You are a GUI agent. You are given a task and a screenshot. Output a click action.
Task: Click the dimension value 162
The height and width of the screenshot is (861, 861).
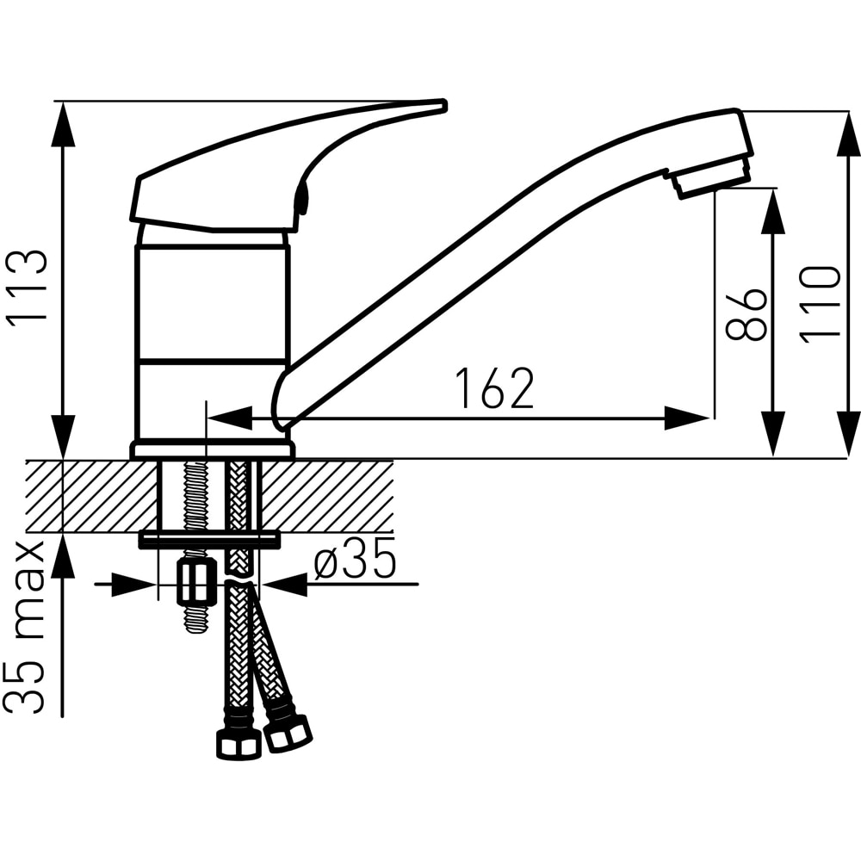[x=495, y=388]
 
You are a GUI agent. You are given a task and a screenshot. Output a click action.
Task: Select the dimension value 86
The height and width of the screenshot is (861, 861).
[x=746, y=313]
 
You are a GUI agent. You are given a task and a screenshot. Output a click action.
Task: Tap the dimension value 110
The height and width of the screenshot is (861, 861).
[x=821, y=306]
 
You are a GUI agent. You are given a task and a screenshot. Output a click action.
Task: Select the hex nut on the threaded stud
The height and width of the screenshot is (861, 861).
[x=195, y=581]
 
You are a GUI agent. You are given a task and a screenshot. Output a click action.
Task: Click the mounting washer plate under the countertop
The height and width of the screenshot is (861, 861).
[x=209, y=539]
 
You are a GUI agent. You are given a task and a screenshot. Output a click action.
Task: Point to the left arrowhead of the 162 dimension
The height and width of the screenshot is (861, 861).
[x=229, y=418]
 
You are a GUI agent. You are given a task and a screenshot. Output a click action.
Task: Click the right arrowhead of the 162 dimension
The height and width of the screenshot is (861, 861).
[x=687, y=418]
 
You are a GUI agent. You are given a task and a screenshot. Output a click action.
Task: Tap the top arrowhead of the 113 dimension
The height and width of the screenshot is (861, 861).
[x=64, y=125]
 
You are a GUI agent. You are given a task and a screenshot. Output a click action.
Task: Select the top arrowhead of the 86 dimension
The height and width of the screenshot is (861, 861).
[x=773, y=212]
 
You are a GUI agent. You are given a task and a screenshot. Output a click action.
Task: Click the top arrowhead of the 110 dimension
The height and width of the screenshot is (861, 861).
[x=848, y=133]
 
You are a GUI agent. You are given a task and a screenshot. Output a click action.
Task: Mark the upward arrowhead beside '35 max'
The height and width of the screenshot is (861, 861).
[x=64, y=555]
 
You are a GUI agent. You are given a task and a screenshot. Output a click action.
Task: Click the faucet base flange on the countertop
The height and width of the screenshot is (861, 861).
[x=212, y=449]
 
